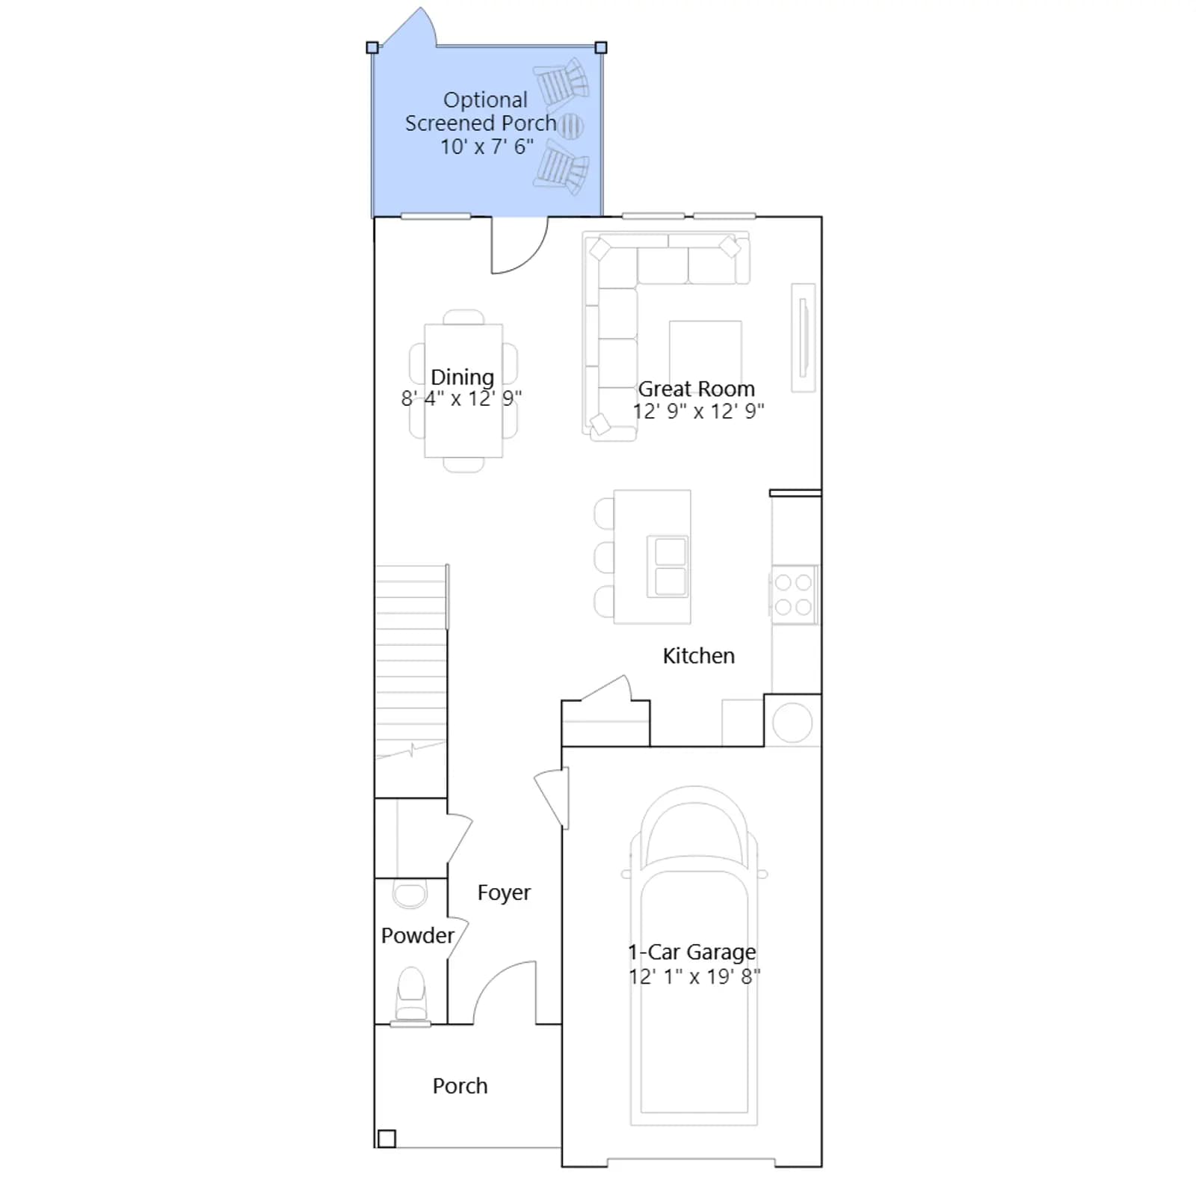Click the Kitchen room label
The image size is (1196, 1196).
point(698,656)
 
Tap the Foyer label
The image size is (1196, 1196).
point(504,893)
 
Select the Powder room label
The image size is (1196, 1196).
point(417,935)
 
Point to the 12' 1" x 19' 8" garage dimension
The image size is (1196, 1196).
point(694,976)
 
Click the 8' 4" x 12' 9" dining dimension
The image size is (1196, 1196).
point(461,398)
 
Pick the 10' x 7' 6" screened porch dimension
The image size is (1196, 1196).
point(487,147)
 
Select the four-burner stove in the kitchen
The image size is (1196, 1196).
point(794,594)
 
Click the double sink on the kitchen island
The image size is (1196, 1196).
point(670,566)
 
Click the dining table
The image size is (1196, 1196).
point(463,390)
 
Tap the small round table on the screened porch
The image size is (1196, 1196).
point(570,126)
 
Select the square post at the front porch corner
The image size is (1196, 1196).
point(386,1138)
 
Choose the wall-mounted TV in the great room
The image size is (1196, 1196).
point(804,337)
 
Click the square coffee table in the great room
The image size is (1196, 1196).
point(706,355)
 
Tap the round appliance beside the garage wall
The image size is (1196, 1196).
point(792,723)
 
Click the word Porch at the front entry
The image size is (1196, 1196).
point(460,1086)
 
